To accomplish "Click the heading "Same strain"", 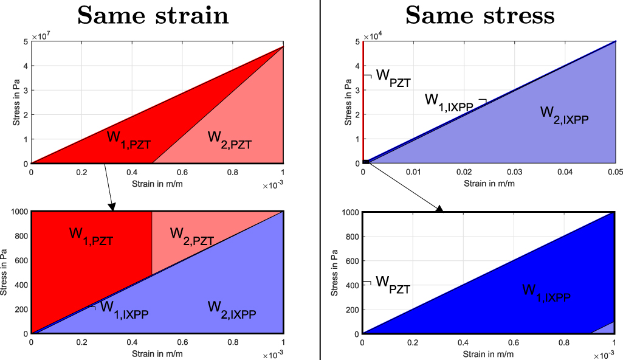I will [153, 15].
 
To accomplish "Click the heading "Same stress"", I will [480, 15].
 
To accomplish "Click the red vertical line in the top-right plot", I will [363, 97].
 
